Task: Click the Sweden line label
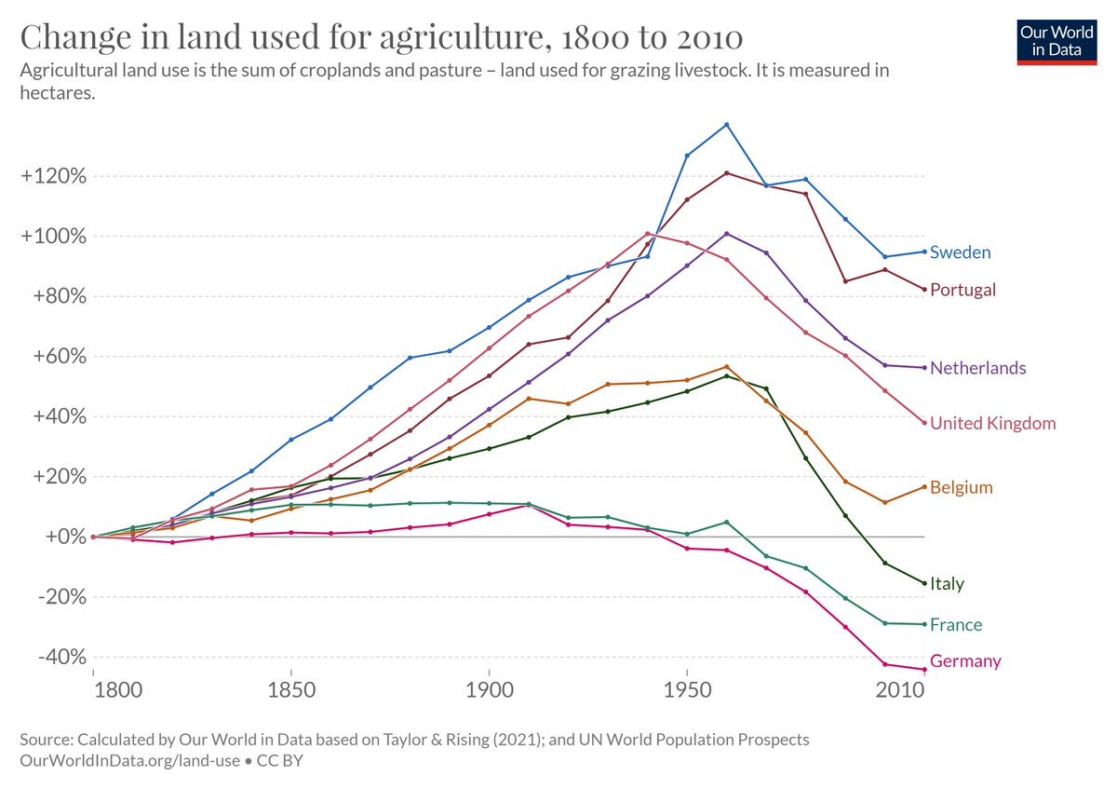[x=960, y=252]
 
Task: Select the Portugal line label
[x=962, y=290]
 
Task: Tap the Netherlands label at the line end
[x=977, y=368]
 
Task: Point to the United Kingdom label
[x=992, y=424]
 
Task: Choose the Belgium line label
[x=961, y=488]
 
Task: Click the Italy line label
[x=947, y=584]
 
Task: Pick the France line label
[x=956, y=625]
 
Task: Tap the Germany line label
[x=965, y=661]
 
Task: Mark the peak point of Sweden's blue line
[x=726, y=125]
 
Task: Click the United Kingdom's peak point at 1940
[x=647, y=233]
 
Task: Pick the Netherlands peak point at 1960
[x=726, y=234]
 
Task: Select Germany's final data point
[x=923, y=670]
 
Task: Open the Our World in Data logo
[x=1056, y=40]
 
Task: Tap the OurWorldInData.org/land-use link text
[x=125, y=760]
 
